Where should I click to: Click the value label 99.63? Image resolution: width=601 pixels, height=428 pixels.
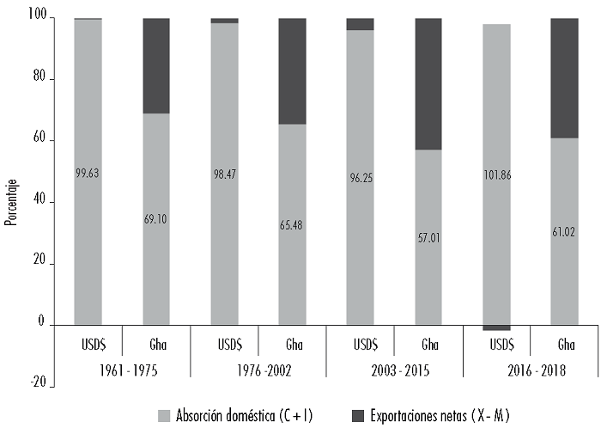tap(88, 173)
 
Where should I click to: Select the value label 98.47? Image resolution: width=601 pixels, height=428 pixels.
tap(224, 174)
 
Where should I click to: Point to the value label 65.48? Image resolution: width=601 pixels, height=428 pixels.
tap(292, 225)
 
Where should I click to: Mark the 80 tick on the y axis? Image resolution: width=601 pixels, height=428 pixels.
tap(39, 79)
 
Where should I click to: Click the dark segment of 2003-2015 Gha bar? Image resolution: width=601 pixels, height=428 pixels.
tap(428, 83)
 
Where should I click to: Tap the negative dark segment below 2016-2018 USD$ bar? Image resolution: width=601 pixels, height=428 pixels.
tap(497, 327)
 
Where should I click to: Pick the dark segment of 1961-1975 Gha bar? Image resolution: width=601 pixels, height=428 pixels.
tap(156, 65)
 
